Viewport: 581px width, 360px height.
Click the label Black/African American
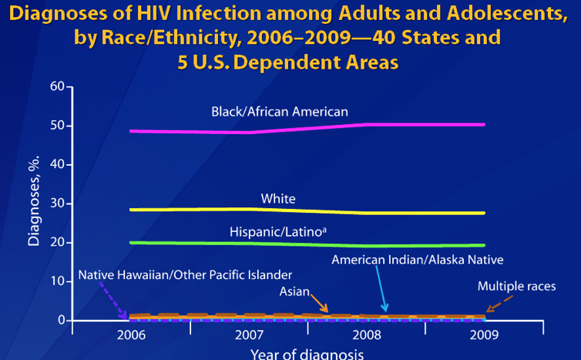(280, 112)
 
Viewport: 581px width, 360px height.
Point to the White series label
(278, 199)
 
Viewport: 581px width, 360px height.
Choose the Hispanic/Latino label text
(277, 231)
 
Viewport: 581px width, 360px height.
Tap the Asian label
(294, 292)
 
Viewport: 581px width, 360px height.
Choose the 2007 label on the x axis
(249, 335)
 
